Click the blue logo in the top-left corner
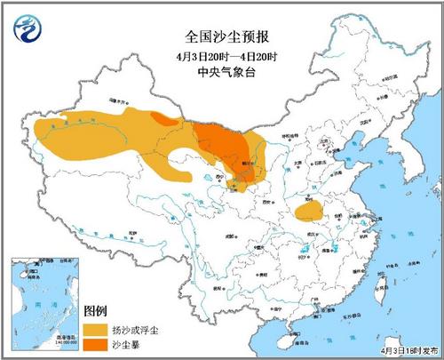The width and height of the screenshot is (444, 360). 28,30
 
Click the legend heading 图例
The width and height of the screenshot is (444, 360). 95,310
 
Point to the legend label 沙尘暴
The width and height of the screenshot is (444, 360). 131,342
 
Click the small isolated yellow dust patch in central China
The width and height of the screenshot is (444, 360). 308,212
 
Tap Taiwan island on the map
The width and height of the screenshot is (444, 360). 384,285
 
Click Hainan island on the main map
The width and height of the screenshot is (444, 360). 292,333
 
